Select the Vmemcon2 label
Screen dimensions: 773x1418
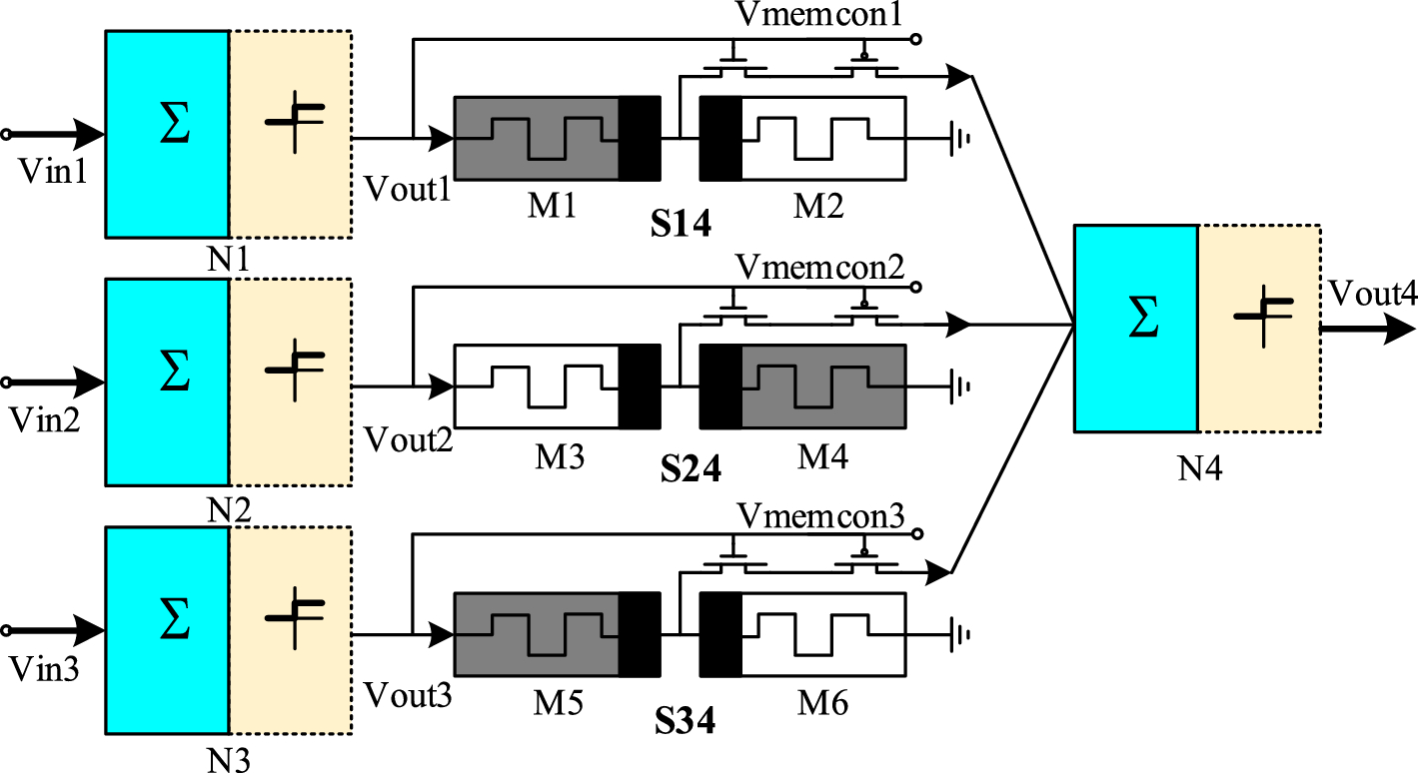pyautogui.click(x=820, y=267)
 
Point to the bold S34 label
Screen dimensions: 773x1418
pyautogui.click(x=685, y=719)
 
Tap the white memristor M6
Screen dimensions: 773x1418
pyautogui.click(x=822, y=635)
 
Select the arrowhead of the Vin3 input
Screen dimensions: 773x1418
pyautogui.click(x=90, y=630)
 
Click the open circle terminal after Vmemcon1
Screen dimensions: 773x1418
pyautogui.click(x=915, y=40)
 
